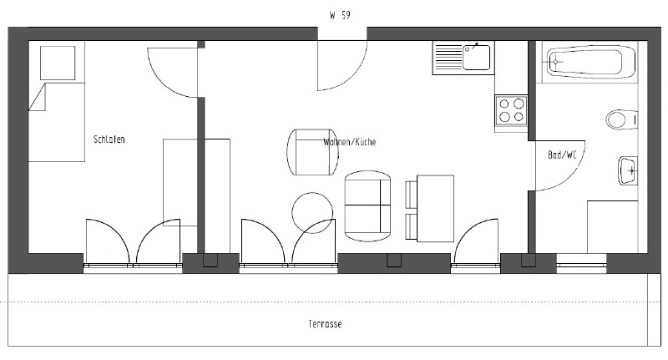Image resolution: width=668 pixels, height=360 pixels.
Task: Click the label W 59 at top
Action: (340, 15)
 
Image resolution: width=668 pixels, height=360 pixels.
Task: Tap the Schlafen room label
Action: (109, 139)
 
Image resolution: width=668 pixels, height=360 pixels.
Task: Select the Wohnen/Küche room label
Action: (349, 142)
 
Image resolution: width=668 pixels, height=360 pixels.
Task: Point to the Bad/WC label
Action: (562, 155)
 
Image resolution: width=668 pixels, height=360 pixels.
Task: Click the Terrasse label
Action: (325, 324)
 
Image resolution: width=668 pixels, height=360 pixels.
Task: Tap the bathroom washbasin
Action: (628, 171)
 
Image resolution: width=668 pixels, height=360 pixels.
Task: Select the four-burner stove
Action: (511, 110)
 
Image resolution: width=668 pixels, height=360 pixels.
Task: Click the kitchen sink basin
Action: (476, 58)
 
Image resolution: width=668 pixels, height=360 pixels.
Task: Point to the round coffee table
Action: (312, 213)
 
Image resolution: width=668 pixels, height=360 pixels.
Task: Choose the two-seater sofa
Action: (367, 205)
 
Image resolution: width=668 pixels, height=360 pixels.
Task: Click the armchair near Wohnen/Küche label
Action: (312, 152)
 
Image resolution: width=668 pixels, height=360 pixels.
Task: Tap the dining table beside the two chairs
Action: (435, 208)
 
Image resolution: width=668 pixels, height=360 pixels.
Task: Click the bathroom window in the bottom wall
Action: (581, 265)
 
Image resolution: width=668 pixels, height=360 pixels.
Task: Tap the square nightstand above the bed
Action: (58, 63)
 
